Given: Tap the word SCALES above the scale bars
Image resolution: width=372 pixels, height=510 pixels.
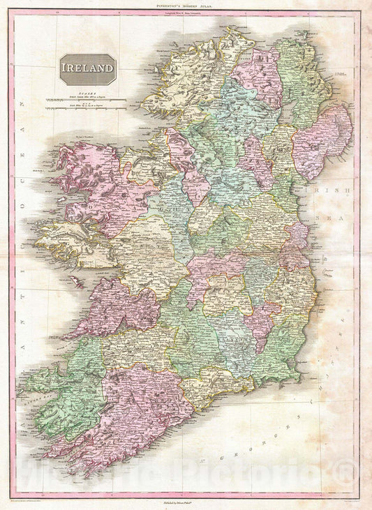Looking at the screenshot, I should pos(87,92).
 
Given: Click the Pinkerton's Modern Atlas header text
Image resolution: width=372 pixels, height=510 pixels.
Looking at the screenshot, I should pos(185,5).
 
